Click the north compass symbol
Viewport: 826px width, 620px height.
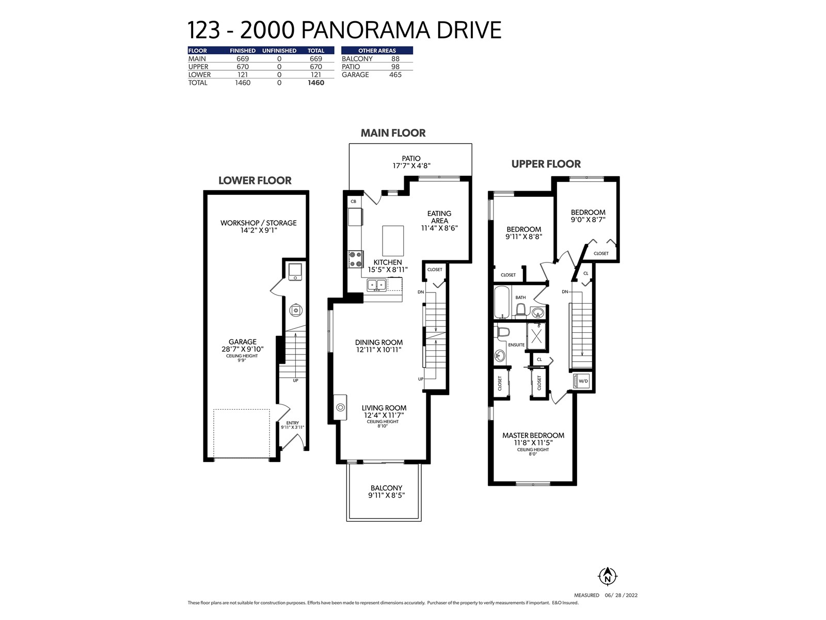point(607,576)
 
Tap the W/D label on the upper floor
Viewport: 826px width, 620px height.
point(583,381)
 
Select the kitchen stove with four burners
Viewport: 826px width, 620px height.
point(356,259)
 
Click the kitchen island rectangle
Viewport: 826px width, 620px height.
point(393,241)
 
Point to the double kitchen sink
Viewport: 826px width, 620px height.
point(377,285)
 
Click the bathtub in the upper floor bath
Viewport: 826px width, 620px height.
point(502,302)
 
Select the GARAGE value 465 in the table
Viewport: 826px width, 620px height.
point(395,74)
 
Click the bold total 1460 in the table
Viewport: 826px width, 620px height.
point(316,83)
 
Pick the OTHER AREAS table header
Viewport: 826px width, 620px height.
point(377,51)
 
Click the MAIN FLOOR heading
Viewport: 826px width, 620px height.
point(393,133)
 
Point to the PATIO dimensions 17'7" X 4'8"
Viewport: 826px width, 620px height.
point(411,166)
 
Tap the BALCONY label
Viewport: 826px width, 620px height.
point(386,488)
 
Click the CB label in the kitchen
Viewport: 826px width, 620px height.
point(353,202)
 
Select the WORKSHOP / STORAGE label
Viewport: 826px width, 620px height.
point(258,223)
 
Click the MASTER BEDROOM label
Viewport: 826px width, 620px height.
point(533,436)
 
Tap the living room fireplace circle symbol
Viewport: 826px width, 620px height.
point(341,407)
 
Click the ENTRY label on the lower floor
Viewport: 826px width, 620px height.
point(292,423)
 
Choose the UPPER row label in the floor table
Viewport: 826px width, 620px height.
point(198,67)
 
